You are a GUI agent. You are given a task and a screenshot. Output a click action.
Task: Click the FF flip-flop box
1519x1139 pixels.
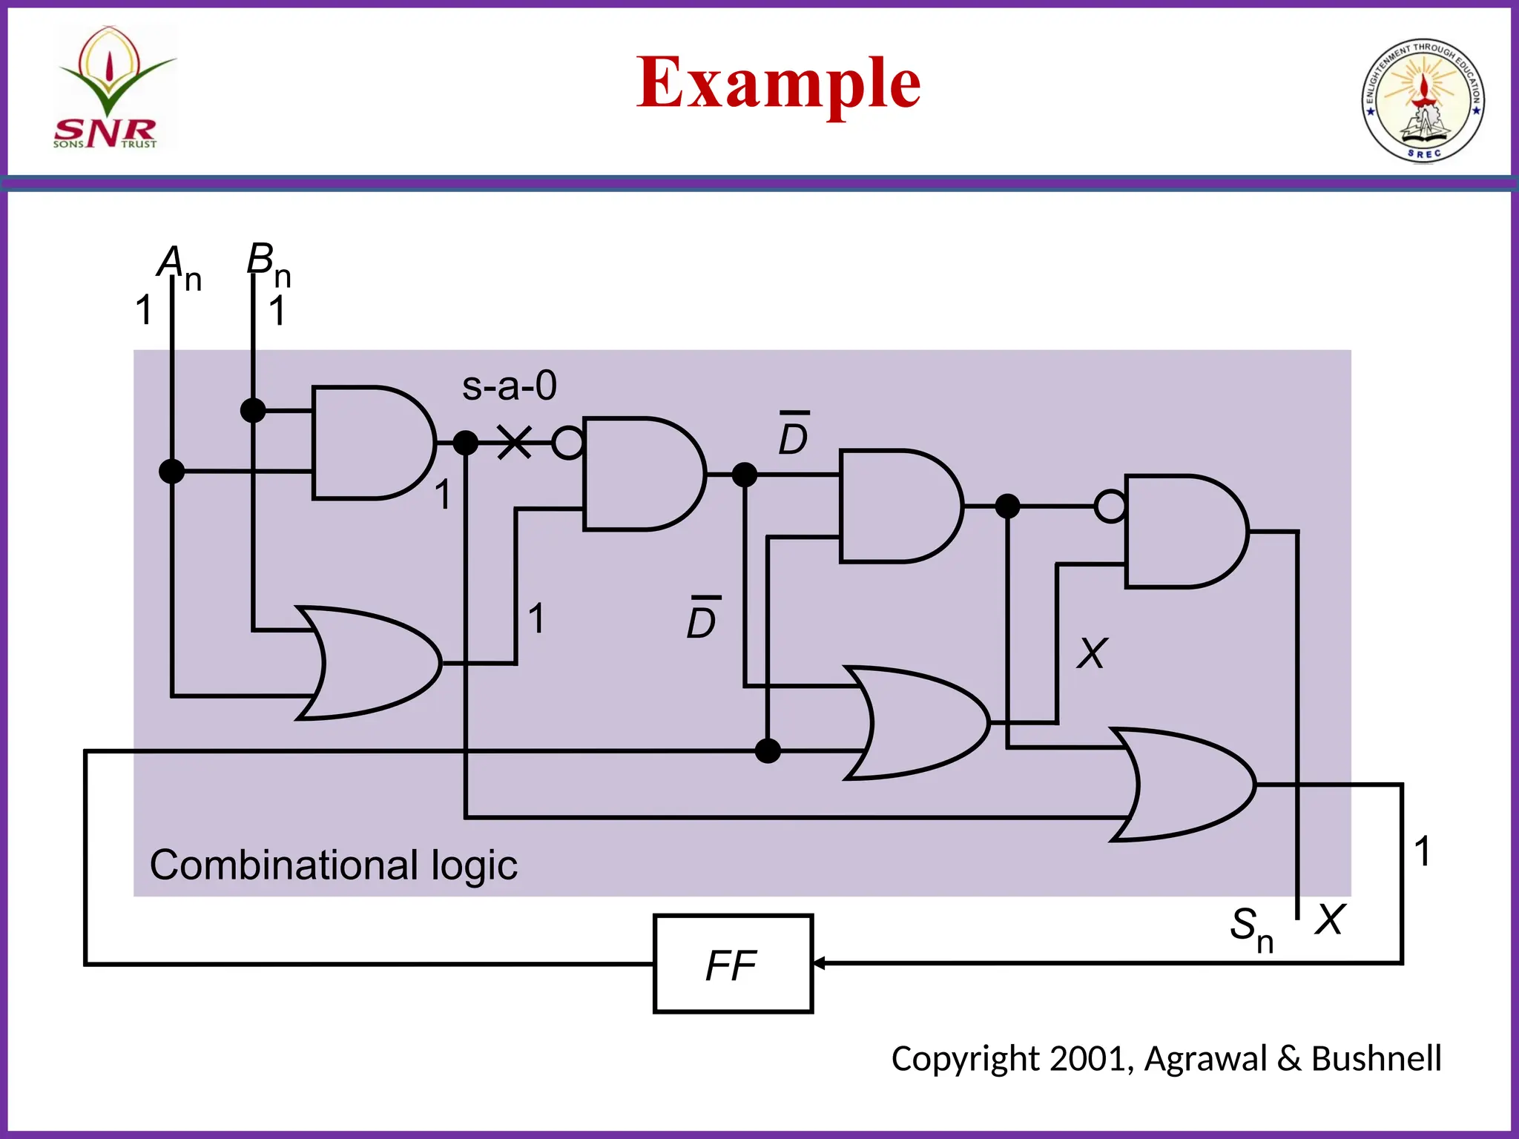tap(733, 963)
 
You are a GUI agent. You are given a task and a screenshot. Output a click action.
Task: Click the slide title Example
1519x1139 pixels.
tap(778, 83)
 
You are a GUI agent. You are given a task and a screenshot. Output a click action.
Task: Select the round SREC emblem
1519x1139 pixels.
tap(1423, 100)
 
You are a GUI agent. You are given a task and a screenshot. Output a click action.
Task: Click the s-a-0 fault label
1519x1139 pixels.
tap(509, 386)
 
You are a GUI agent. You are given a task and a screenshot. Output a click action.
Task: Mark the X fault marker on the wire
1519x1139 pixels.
tap(514, 443)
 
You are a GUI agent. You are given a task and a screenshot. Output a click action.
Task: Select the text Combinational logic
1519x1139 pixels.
tap(333, 865)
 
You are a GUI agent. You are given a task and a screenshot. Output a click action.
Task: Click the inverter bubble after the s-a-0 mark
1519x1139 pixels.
tap(568, 443)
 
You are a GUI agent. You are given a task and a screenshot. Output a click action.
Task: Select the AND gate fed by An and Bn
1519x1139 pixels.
tap(371, 443)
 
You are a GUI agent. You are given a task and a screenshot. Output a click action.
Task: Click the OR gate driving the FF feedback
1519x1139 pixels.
tap(1187, 784)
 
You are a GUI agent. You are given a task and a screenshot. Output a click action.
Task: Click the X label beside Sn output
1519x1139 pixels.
tap(1329, 920)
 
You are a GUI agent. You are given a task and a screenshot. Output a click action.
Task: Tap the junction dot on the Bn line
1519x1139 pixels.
tap(253, 410)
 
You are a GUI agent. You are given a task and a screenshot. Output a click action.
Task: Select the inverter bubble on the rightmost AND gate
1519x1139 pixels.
tap(1110, 507)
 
